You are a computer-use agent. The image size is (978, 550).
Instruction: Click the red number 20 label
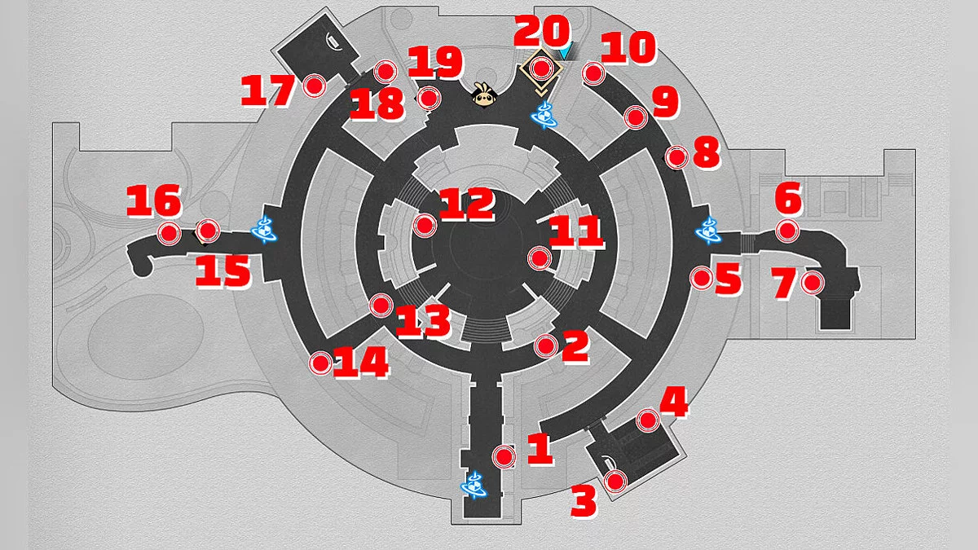pyautogui.click(x=542, y=31)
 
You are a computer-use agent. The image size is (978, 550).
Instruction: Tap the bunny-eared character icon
pyautogui.click(x=484, y=95)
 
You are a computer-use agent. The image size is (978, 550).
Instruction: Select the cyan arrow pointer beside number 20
pyautogui.click(x=565, y=51)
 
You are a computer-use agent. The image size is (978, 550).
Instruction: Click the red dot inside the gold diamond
pyautogui.click(x=541, y=68)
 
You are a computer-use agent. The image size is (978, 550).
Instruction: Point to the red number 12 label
pyautogui.click(x=467, y=204)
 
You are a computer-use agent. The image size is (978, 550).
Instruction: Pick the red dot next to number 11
pyautogui.click(x=540, y=258)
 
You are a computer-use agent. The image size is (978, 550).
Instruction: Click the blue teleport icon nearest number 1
pyautogui.click(x=474, y=485)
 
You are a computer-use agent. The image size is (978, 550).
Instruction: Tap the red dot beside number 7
pyautogui.click(x=813, y=283)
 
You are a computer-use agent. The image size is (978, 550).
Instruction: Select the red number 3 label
pyautogui.click(x=584, y=502)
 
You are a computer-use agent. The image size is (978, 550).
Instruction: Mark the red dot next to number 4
pyautogui.click(x=647, y=420)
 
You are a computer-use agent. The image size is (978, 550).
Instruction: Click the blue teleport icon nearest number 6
pyautogui.click(x=708, y=231)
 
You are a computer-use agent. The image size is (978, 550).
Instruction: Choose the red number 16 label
pyautogui.click(x=154, y=200)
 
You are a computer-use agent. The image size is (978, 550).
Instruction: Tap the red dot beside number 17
pyautogui.click(x=315, y=86)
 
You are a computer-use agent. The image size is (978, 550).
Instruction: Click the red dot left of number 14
pyautogui.click(x=320, y=363)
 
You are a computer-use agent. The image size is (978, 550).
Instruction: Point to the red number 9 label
pyautogui.click(x=665, y=102)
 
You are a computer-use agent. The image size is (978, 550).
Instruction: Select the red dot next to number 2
pyautogui.click(x=546, y=346)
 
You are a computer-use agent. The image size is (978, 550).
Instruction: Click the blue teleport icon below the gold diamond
pyautogui.click(x=544, y=115)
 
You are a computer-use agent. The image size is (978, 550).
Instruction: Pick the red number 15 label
pyautogui.click(x=223, y=271)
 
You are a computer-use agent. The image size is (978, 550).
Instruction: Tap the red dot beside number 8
pyautogui.click(x=676, y=157)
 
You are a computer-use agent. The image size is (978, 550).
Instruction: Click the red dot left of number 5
pyautogui.click(x=701, y=278)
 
